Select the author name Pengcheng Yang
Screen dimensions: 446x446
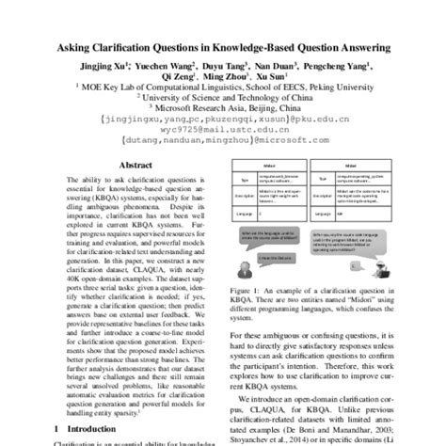coord(340,69)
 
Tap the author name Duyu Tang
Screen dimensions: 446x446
coord(224,69)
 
